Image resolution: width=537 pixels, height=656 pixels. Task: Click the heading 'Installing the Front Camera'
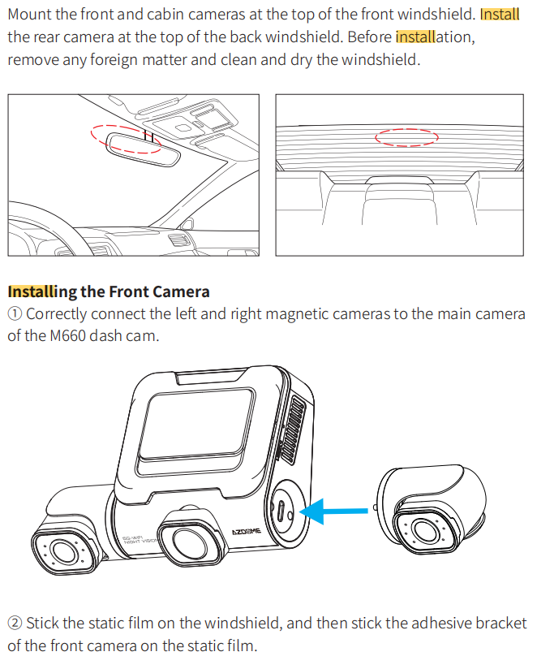click(x=109, y=291)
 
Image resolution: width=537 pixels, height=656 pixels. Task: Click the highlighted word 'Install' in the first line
click(x=499, y=15)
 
